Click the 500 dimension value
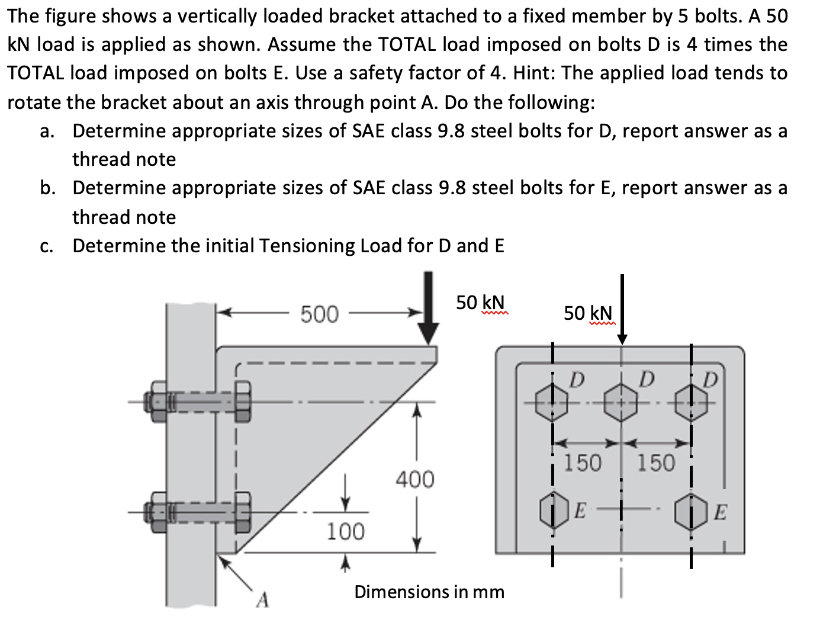tap(319, 314)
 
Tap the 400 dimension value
tap(414, 479)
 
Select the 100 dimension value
tap(346, 531)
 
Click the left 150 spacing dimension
tap(582, 462)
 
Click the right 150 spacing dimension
tap(656, 462)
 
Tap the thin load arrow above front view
tap(622, 308)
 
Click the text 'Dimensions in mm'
tap(429, 592)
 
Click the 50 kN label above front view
tap(588, 313)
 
